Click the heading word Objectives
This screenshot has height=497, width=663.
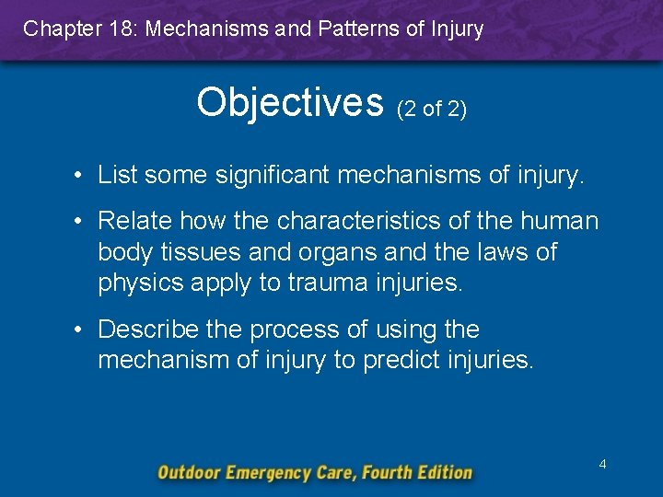289,103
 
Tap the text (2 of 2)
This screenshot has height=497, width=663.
432,110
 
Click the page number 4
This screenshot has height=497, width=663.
602,464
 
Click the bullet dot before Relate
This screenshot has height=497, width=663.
82,222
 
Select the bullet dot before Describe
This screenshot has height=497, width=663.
82,329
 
